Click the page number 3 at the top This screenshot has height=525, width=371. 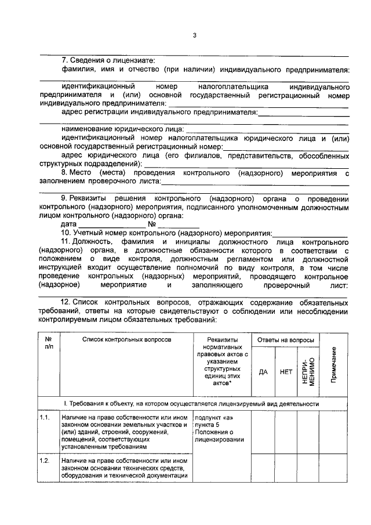click(x=195, y=36)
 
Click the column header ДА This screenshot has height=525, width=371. click(x=263, y=372)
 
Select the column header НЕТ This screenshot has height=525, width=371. click(x=285, y=372)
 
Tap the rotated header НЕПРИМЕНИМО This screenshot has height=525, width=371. click(x=307, y=371)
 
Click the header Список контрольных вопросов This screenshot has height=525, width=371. click(x=126, y=339)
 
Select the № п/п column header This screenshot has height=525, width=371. click(x=48, y=343)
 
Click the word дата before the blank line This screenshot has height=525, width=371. click(x=68, y=223)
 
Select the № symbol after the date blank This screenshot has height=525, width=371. click(x=152, y=223)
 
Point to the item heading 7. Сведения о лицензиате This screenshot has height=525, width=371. click(x=108, y=60)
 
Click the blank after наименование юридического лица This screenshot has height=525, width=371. click(x=267, y=128)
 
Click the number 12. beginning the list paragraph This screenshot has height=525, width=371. click(x=65, y=302)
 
